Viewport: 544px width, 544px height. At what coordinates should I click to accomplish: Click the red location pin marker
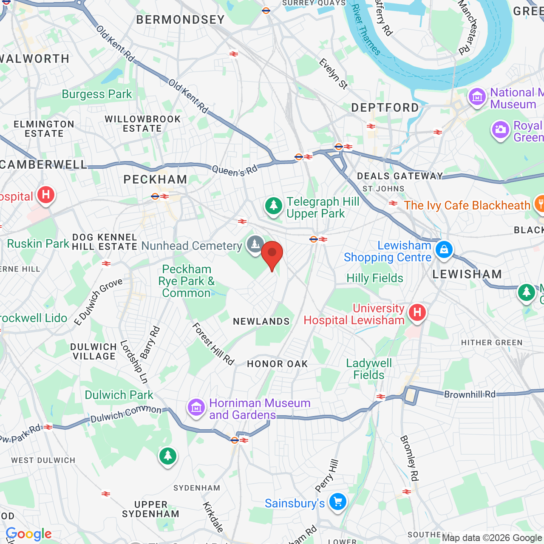272,254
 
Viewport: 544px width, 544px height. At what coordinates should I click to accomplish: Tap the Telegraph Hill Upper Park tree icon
274,206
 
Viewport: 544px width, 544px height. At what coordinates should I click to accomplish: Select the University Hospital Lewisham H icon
417,313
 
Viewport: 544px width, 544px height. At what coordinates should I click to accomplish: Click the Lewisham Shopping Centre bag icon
444,249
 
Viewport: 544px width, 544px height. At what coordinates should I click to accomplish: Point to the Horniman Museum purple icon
196,408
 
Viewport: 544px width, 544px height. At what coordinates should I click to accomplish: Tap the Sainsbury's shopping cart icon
338,502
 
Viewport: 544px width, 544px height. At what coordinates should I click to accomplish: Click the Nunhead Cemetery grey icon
255,244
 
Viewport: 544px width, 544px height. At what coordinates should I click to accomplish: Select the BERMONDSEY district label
180,20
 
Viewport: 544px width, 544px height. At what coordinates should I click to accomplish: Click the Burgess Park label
97,94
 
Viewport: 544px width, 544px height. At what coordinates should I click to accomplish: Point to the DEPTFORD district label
385,108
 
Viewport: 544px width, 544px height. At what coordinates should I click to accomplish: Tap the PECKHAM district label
155,180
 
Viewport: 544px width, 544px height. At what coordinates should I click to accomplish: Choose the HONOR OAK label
277,364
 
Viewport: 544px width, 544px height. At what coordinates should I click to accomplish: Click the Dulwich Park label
119,395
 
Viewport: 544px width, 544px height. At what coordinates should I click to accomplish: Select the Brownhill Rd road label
470,394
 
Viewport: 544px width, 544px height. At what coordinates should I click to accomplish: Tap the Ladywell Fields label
369,369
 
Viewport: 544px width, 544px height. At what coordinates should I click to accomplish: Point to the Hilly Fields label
374,278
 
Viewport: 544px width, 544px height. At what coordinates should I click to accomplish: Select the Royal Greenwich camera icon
501,130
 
